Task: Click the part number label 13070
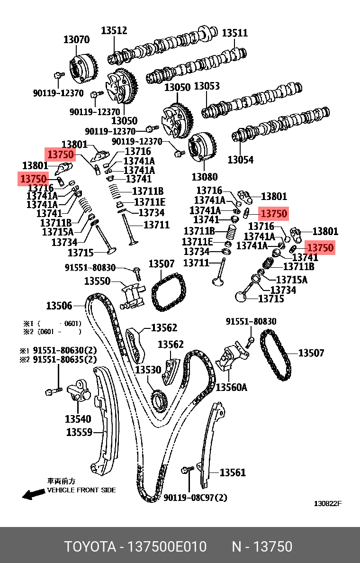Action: coord(76,40)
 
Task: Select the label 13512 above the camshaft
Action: coord(114,31)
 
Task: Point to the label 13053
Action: coord(207,86)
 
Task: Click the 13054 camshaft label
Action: coord(240,160)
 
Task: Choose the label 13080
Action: coord(204,177)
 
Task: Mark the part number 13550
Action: coord(97,281)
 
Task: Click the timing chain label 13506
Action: coord(59,306)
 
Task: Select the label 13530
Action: coord(148,369)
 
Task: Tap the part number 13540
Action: coord(78,419)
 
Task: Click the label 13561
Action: coord(233,472)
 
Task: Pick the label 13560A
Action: coord(232,387)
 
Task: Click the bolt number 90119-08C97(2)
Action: coord(195,498)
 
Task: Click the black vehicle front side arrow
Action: coord(33,494)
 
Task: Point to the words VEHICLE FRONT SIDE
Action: coord(81,490)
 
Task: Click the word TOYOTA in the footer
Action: coord(90,547)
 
